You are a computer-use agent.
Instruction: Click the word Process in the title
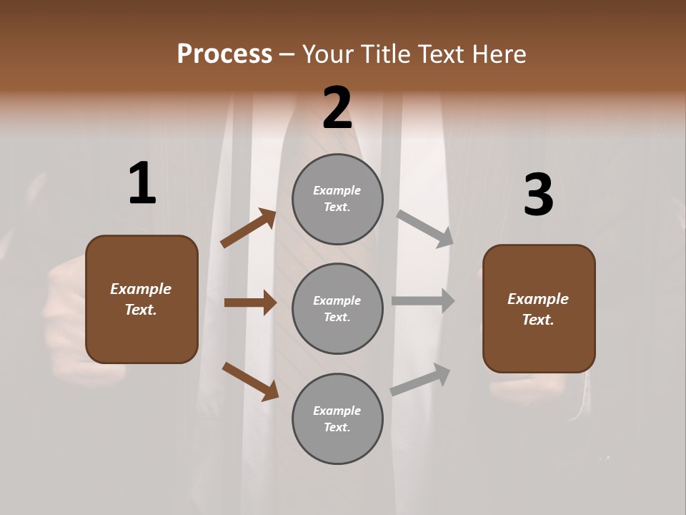pyautogui.click(x=224, y=54)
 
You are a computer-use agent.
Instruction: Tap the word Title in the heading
pyautogui.click(x=385, y=54)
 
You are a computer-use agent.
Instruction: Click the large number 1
pyautogui.click(x=142, y=184)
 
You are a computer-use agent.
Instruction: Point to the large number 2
pyautogui.click(x=337, y=108)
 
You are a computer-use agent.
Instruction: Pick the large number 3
pyautogui.click(x=538, y=195)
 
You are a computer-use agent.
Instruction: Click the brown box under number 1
pyautogui.click(x=141, y=299)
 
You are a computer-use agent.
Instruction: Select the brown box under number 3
pyautogui.click(x=539, y=308)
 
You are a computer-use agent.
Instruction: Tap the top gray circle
pyautogui.click(x=337, y=199)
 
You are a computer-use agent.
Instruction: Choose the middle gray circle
pyautogui.click(x=337, y=308)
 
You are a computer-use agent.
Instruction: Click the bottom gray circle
pyautogui.click(x=337, y=418)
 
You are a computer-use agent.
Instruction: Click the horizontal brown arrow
pyautogui.click(x=250, y=303)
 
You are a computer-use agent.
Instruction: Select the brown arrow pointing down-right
pyautogui.click(x=250, y=381)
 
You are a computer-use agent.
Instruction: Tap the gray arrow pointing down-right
pyautogui.click(x=425, y=228)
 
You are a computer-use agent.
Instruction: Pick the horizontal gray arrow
pyautogui.click(x=423, y=301)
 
